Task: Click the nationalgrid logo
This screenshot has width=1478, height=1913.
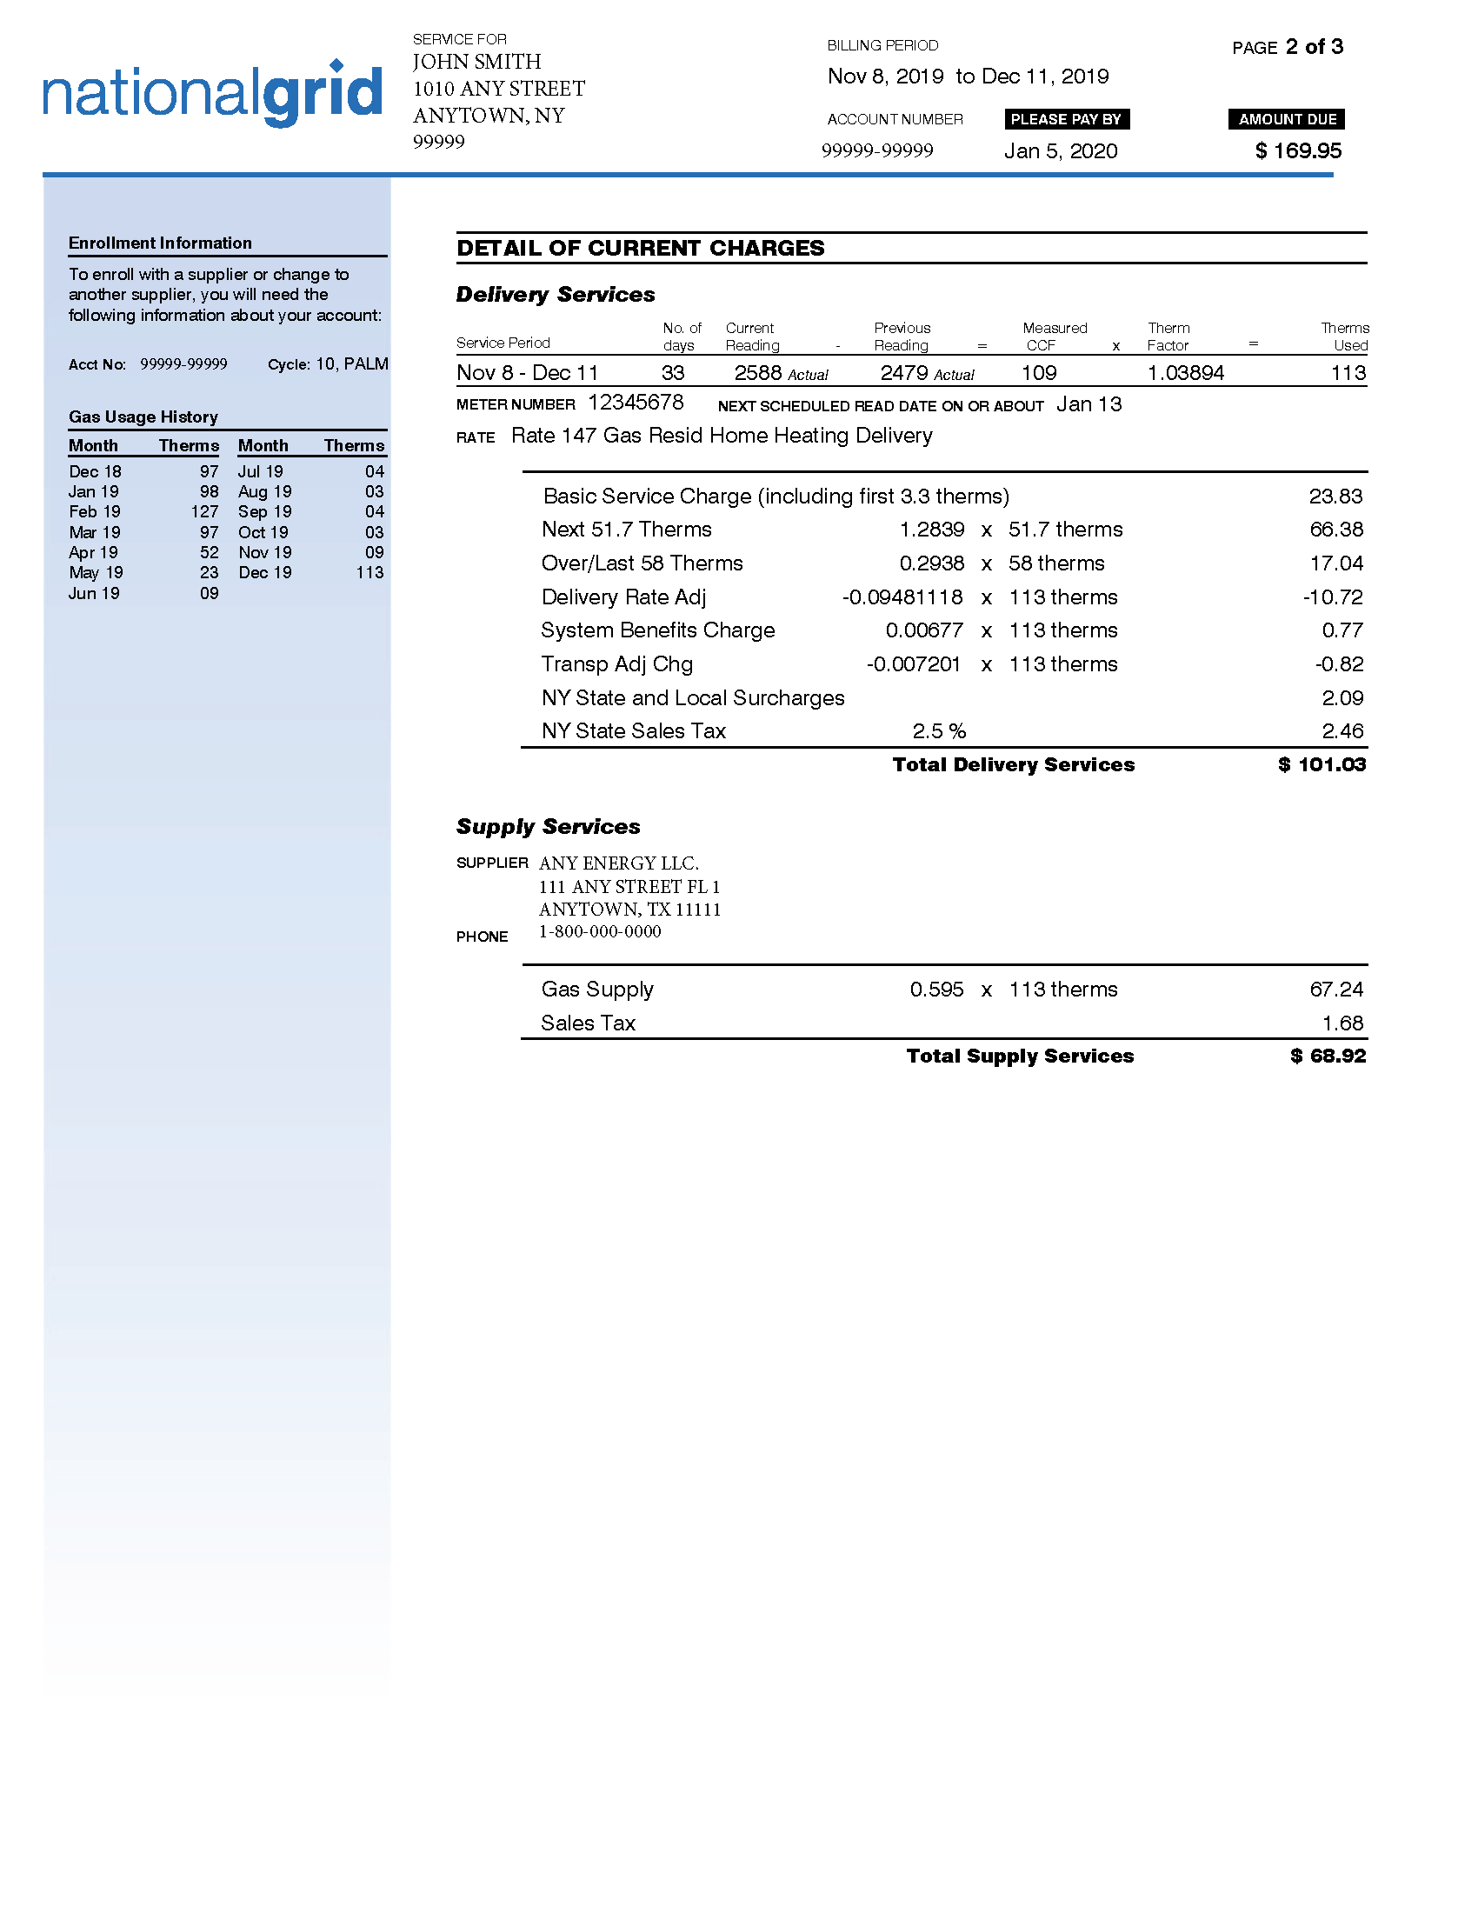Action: tap(213, 94)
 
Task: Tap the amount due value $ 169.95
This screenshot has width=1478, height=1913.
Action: tap(1298, 150)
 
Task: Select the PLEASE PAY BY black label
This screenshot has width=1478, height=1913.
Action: tap(1066, 119)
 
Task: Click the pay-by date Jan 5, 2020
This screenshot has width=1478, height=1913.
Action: tap(1061, 150)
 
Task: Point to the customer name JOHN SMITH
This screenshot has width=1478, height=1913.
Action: tap(476, 63)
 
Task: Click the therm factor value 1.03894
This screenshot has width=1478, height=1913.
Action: tap(1186, 373)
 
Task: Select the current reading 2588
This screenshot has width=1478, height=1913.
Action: tap(757, 373)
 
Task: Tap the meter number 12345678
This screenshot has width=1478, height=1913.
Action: tap(635, 403)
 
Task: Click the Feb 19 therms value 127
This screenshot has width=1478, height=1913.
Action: tap(204, 511)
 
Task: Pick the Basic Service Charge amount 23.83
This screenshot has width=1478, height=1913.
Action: tap(1335, 497)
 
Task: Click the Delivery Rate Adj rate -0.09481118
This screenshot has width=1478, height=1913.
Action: tap(902, 597)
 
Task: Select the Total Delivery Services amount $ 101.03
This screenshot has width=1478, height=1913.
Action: tap(1322, 764)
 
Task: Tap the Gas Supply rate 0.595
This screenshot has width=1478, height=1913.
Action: tap(936, 990)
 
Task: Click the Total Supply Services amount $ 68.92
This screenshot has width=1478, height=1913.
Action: tap(1328, 1056)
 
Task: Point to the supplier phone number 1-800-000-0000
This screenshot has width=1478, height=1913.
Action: tap(600, 932)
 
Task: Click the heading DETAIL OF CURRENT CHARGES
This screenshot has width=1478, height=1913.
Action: tap(640, 248)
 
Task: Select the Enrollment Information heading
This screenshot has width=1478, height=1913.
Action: tap(160, 243)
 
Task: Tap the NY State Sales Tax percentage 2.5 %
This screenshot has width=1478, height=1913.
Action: tap(939, 731)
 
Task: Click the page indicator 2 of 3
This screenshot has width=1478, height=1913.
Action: tap(1314, 46)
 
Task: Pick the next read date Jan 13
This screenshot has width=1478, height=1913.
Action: tap(1089, 404)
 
